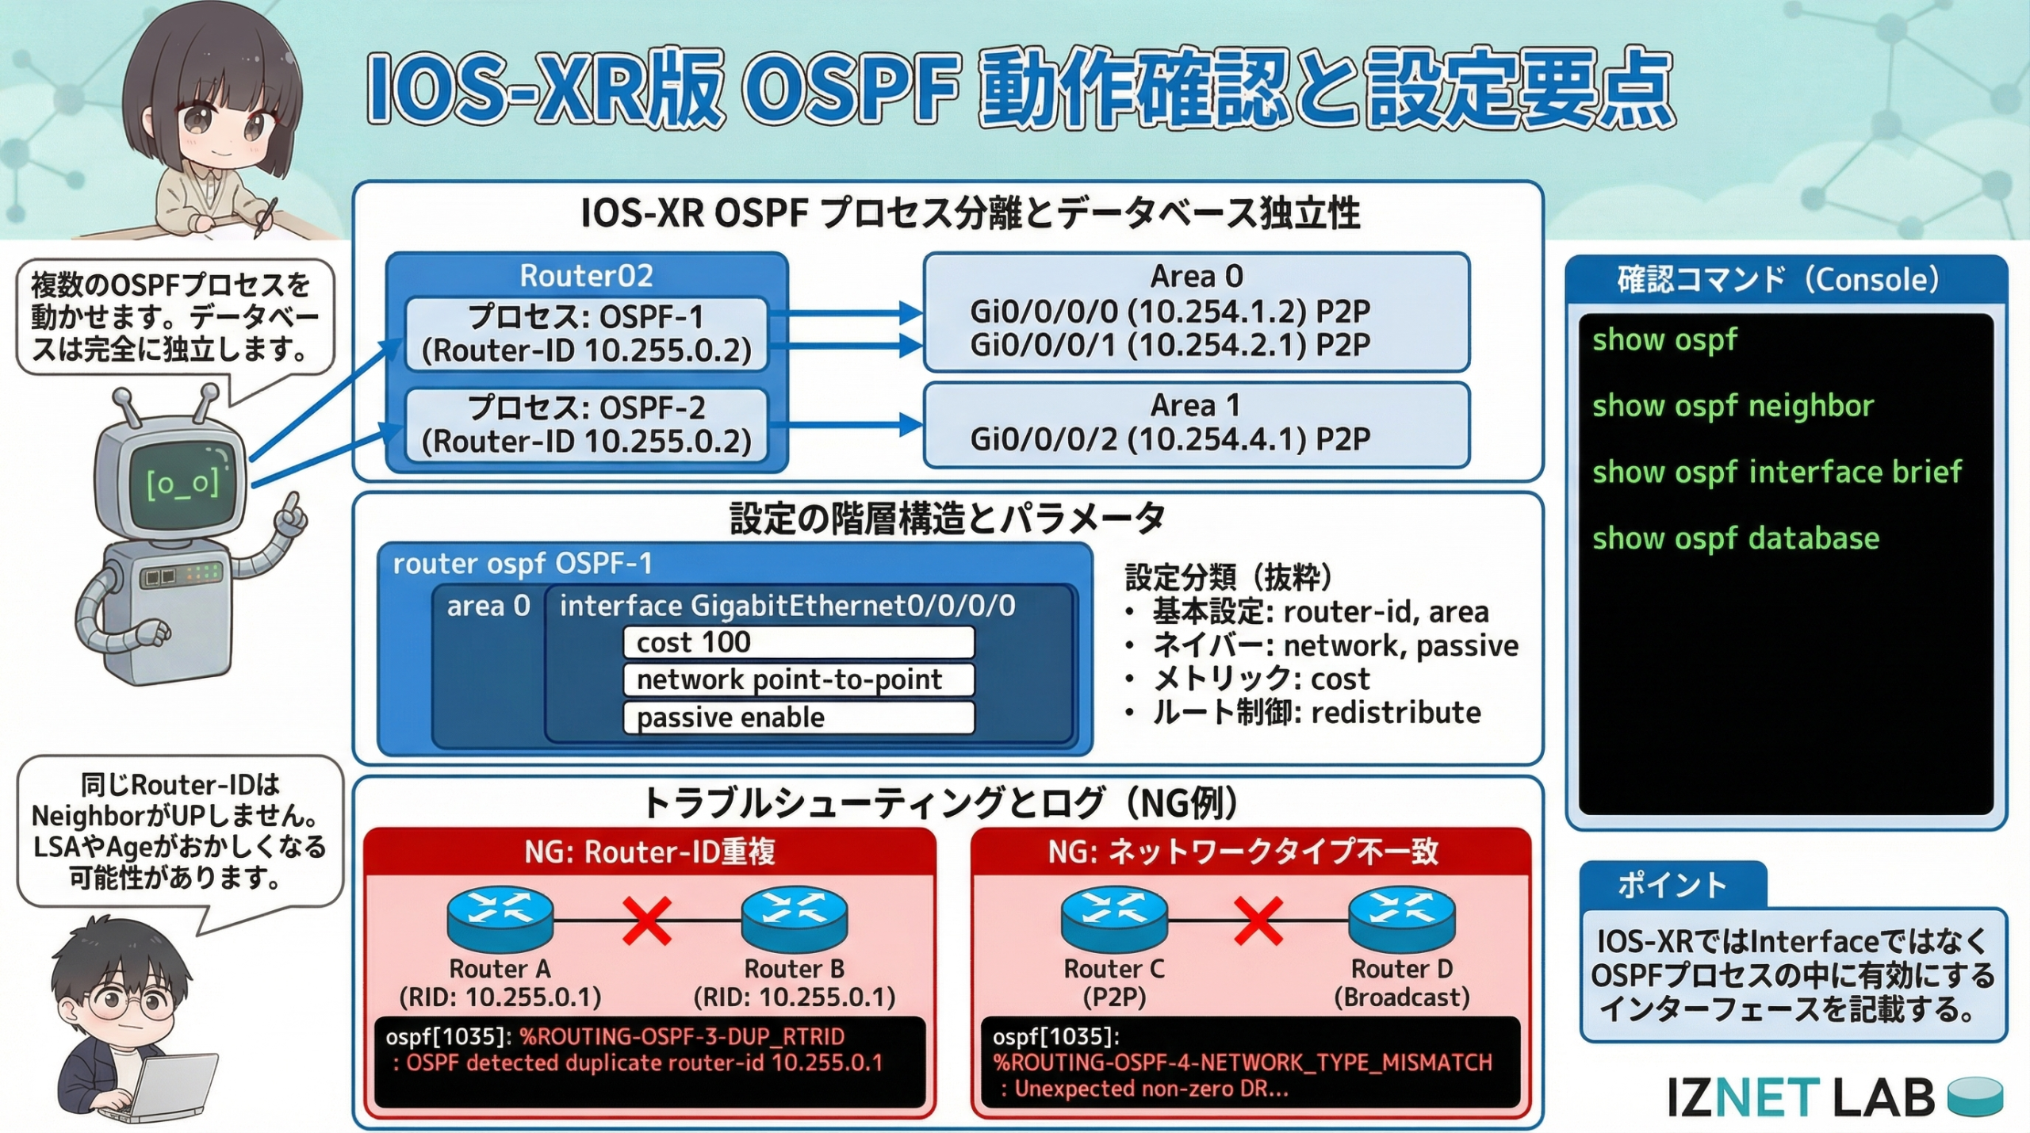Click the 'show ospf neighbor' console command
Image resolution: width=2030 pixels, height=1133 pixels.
tap(1733, 406)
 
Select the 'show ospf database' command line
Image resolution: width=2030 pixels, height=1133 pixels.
tap(1736, 538)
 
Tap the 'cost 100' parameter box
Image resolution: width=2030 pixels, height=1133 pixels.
tap(799, 642)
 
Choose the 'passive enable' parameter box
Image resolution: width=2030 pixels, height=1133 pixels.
tap(799, 718)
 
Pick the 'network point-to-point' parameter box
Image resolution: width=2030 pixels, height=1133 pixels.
tap(799, 679)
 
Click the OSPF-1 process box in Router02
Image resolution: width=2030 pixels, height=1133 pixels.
tap(586, 334)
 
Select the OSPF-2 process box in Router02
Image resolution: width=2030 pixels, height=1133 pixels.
tap(586, 425)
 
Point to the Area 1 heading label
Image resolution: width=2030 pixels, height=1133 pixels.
tap(1195, 406)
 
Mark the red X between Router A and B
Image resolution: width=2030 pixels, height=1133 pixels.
tap(647, 921)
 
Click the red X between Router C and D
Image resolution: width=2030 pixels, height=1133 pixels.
tap(1258, 921)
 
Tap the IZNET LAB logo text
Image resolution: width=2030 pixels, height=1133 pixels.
tap(1800, 1098)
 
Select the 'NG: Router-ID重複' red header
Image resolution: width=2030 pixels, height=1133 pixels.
tap(649, 852)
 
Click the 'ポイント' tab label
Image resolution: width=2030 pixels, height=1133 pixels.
tap(1672, 885)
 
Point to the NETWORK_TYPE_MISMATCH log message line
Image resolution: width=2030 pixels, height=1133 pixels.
tap(1243, 1062)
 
